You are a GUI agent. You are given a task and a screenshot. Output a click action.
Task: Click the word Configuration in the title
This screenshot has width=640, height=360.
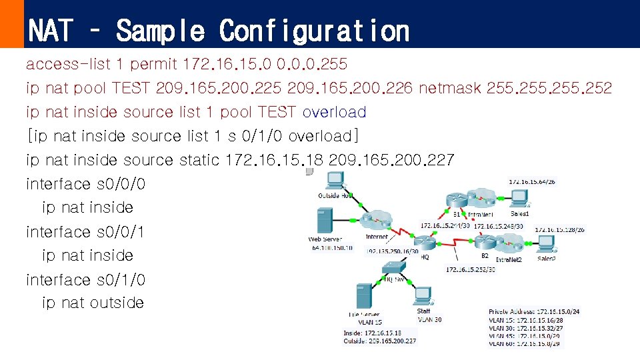[314, 31]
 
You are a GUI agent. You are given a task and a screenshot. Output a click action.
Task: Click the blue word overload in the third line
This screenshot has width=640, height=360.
[334, 112]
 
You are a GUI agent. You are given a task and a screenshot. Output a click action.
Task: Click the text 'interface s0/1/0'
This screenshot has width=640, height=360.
[85, 279]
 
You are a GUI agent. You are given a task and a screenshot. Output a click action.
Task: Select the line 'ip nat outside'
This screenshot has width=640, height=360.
[93, 303]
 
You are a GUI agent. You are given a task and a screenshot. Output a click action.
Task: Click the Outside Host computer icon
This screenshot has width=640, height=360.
[335, 181]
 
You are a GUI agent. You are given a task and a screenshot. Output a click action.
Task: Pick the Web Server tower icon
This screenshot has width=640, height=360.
[324, 220]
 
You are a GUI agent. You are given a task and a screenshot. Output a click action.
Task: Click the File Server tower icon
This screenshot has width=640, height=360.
[363, 296]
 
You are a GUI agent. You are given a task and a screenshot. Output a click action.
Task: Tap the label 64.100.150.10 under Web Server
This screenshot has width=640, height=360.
[331, 247]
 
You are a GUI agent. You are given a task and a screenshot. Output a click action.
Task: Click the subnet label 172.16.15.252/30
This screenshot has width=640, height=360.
[471, 269]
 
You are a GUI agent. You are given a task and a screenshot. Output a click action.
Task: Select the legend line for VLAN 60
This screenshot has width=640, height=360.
[525, 344]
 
